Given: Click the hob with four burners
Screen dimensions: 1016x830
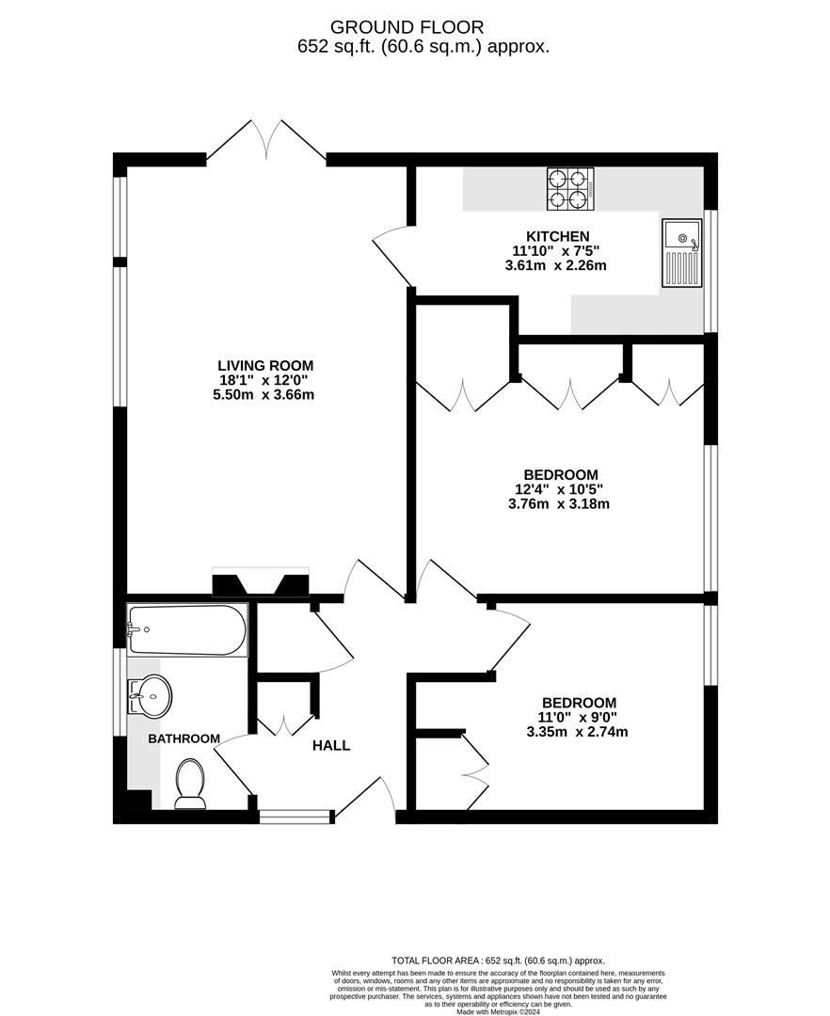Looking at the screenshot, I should (x=570, y=188).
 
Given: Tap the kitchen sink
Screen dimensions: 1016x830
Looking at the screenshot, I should (x=681, y=253).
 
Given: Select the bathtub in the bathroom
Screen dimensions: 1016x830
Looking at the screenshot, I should (x=187, y=629).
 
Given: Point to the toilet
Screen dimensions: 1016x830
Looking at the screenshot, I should (x=191, y=784).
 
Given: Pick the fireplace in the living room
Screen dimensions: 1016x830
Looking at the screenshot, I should (x=261, y=582).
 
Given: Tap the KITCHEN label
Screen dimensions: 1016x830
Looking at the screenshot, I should (x=558, y=236).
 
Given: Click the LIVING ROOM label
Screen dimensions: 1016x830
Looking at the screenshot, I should (x=265, y=365).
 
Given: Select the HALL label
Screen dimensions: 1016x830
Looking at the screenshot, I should (x=331, y=746).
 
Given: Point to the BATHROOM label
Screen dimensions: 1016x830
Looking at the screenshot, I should (x=184, y=738).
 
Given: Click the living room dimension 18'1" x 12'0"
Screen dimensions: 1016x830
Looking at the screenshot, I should (x=265, y=380).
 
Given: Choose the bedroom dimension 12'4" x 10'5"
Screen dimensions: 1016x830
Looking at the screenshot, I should (x=559, y=489).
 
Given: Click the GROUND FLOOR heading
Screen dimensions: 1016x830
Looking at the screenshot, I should (x=414, y=27).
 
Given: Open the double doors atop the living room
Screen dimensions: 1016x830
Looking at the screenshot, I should (x=266, y=139).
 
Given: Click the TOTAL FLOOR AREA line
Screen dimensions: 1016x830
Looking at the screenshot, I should (x=498, y=960).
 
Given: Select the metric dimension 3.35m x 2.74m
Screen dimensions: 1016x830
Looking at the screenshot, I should (x=577, y=732).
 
